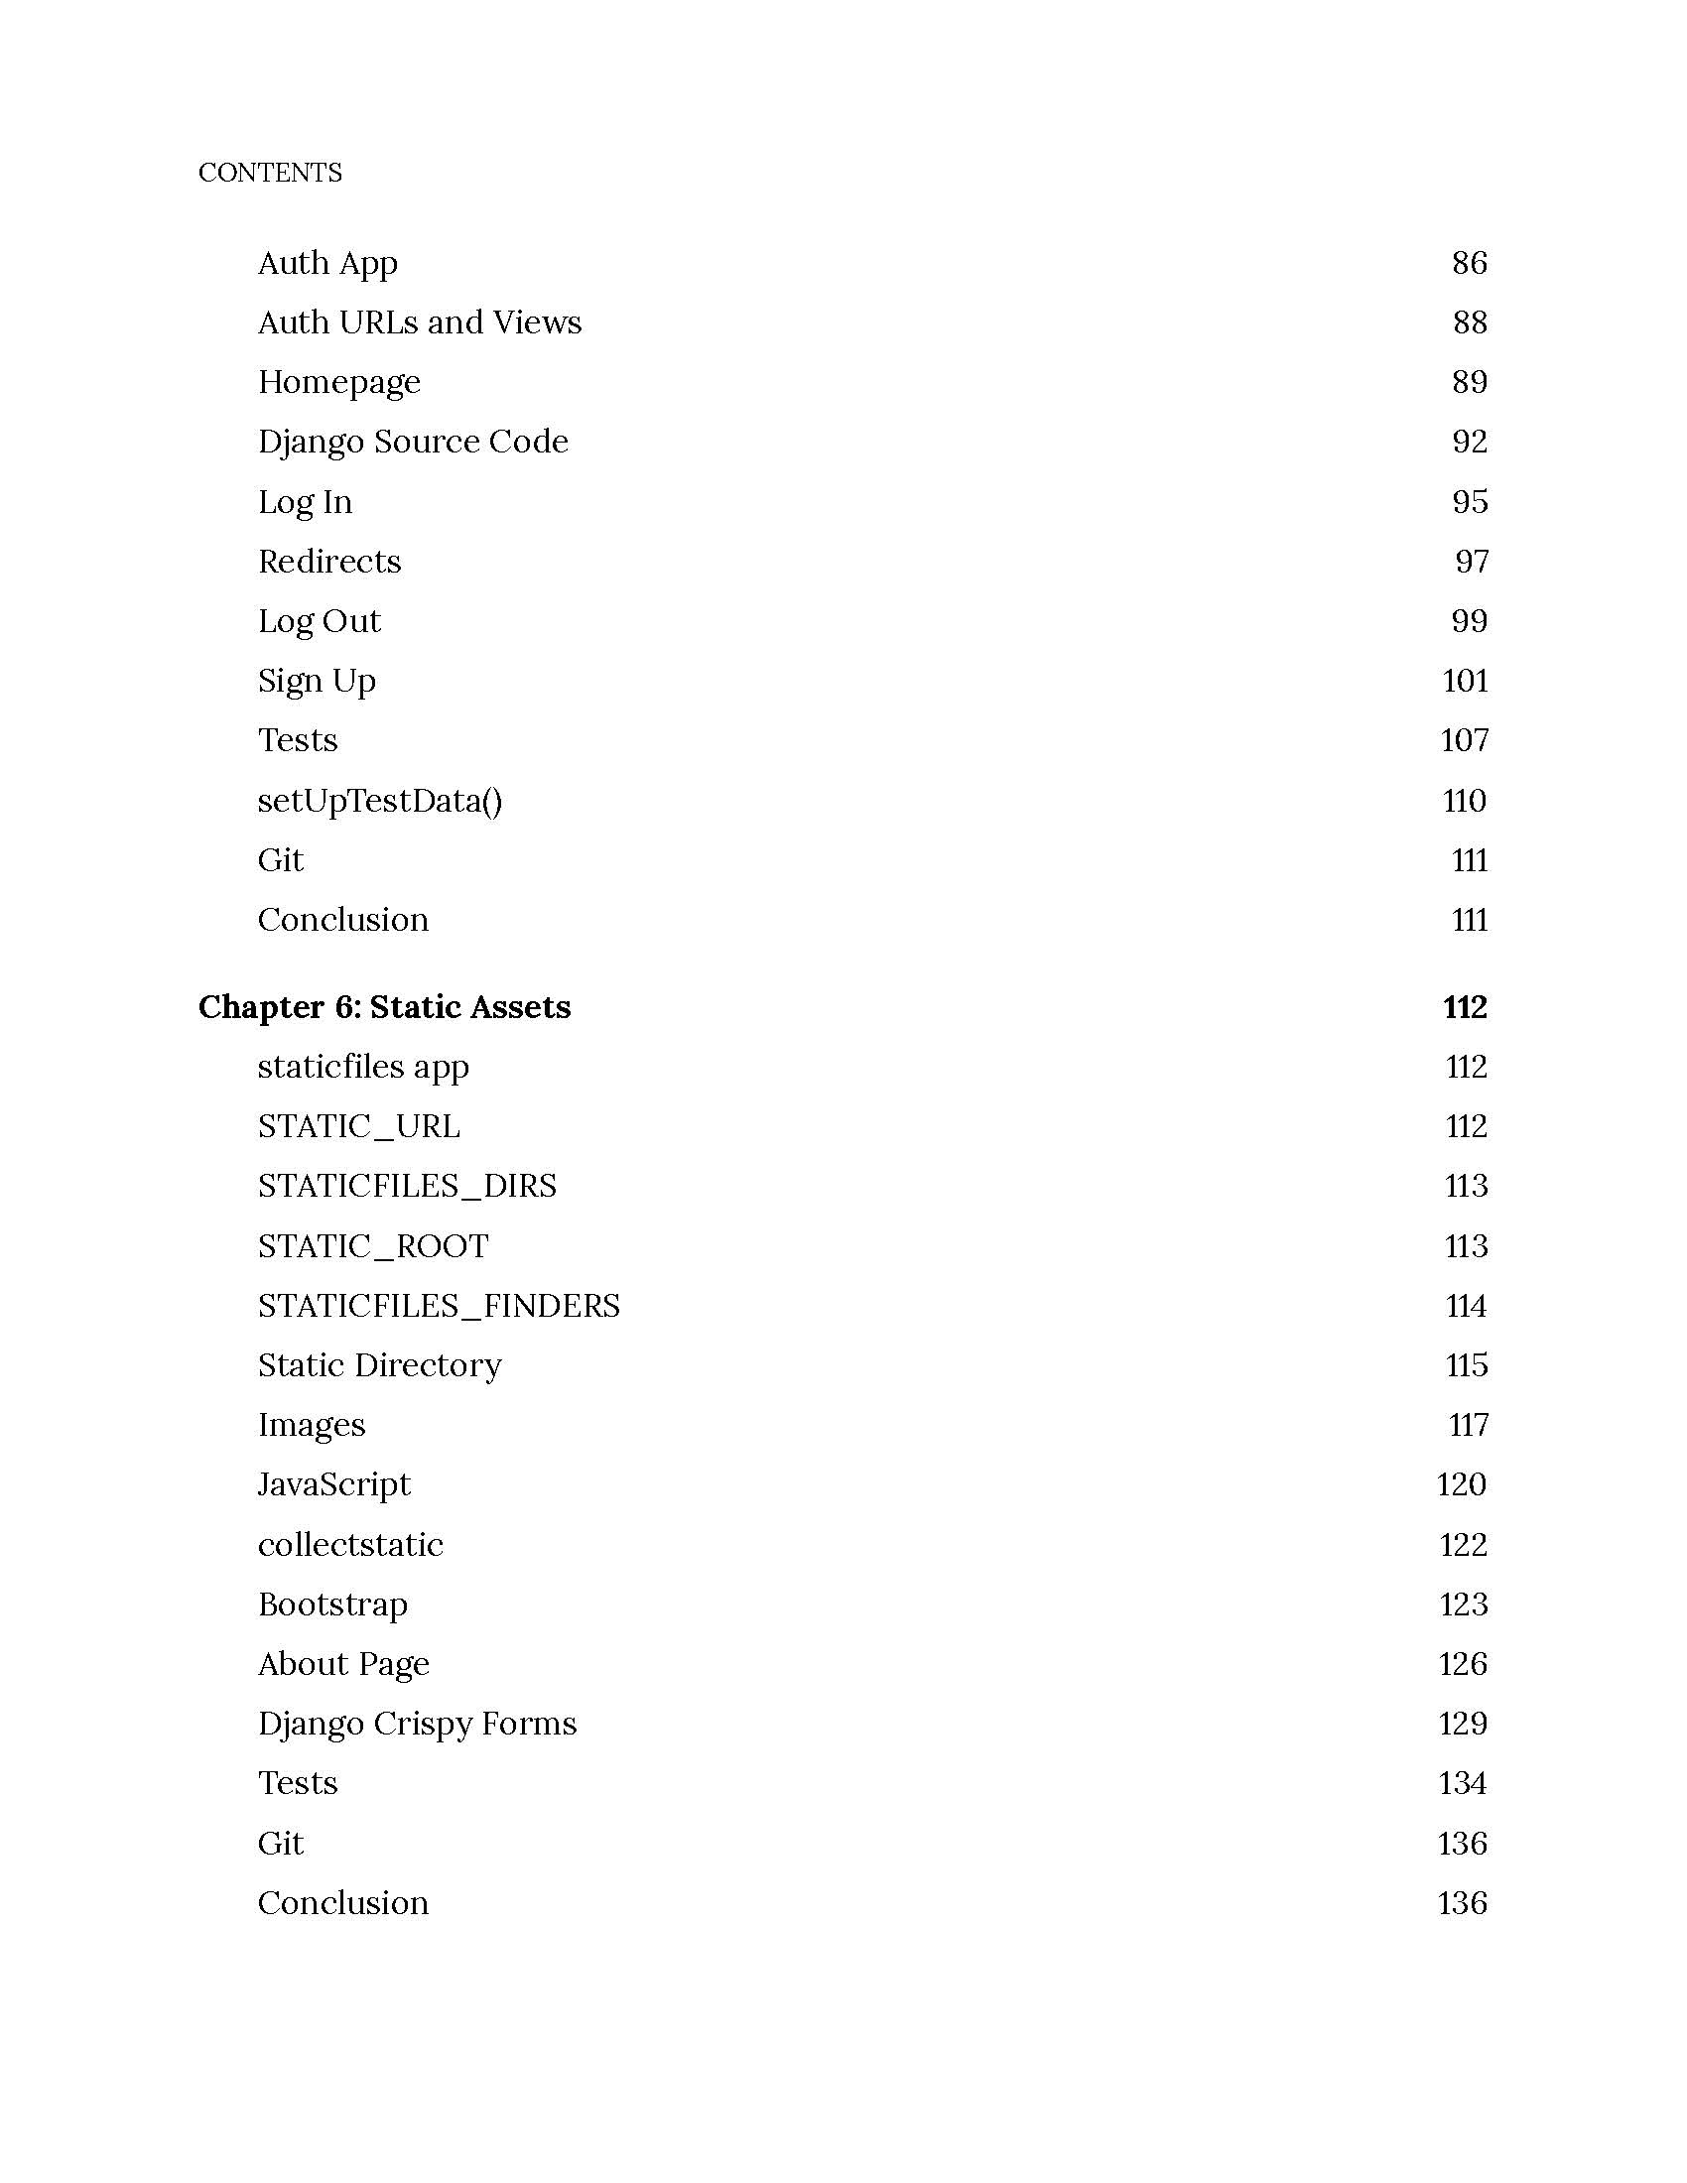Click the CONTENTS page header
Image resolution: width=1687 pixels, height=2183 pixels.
tap(270, 172)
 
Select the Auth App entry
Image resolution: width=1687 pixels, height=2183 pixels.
tap(327, 263)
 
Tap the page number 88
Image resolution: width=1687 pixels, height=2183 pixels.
tap(1469, 321)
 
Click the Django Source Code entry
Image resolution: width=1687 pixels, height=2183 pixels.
tap(413, 442)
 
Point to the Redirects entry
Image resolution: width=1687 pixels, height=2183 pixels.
tap(328, 561)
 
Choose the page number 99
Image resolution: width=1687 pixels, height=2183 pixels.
tap(1469, 621)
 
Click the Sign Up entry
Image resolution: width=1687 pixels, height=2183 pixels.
tap(317, 681)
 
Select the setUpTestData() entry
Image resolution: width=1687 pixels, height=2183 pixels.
tap(380, 801)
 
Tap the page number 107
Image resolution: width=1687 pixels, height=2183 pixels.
tap(1464, 739)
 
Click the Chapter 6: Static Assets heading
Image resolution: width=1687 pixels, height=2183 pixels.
tap(385, 1006)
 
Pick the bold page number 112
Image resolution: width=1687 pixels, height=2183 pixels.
tap(1464, 1006)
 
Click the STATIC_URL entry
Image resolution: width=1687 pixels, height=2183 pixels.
tap(359, 1126)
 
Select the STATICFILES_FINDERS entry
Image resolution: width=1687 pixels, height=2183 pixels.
tap(439, 1306)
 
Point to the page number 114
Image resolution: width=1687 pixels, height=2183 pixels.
tap(1465, 1306)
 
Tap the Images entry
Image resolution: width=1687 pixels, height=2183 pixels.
tap(312, 1424)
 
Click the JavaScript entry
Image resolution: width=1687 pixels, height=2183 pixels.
tap(333, 1484)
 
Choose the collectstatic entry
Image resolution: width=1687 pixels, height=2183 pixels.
tap(349, 1544)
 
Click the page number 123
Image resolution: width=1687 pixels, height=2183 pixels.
tap(1463, 1605)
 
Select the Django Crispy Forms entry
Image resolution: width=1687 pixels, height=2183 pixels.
tap(417, 1724)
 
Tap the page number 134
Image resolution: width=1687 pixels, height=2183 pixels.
tap(1463, 1783)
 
